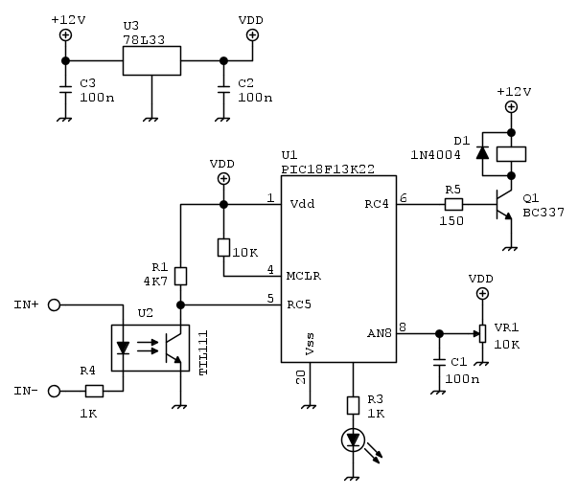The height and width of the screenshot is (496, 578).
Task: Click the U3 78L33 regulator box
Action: (x=151, y=60)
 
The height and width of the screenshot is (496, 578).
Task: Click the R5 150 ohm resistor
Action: (x=453, y=204)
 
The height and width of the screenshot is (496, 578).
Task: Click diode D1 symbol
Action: (x=482, y=152)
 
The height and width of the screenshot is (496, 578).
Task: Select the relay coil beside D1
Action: (x=513, y=152)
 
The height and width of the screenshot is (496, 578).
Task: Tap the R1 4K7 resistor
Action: (x=180, y=277)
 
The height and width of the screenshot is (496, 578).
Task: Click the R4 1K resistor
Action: (x=94, y=391)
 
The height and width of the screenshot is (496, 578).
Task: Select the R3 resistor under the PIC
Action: (x=352, y=399)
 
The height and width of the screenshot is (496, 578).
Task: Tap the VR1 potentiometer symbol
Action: (x=481, y=333)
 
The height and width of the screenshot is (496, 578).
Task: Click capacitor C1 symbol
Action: (x=439, y=363)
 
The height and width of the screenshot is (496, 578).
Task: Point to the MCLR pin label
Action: (x=305, y=276)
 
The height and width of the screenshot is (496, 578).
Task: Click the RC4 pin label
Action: (x=377, y=204)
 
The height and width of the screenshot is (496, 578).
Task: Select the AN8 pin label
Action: (x=379, y=333)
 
